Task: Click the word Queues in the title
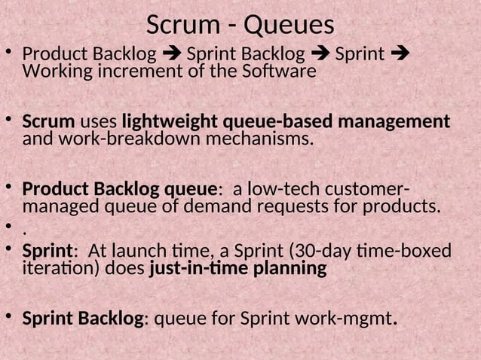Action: coord(290,25)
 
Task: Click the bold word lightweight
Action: coord(170,121)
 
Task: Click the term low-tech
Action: coord(292,188)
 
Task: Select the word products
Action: coord(403,206)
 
